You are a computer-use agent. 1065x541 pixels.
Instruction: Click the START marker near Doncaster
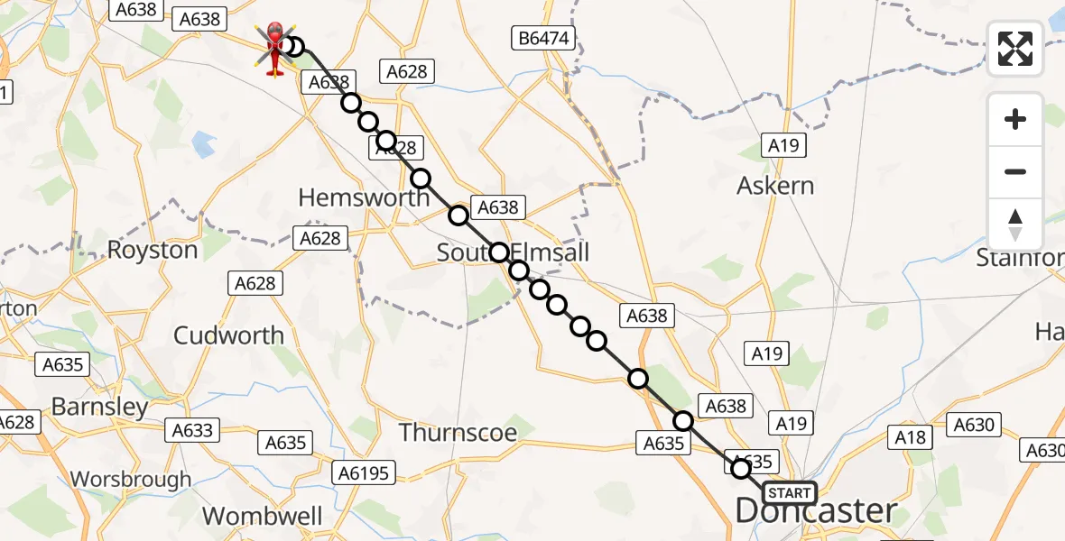point(789,493)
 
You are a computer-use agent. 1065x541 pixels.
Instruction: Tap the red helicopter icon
point(275,47)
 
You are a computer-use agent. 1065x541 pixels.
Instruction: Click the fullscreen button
point(1015,49)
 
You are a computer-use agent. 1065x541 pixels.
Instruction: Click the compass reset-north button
point(1015,225)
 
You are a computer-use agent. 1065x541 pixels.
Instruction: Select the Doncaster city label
point(816,511)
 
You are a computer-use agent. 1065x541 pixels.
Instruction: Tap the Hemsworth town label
point(364,197)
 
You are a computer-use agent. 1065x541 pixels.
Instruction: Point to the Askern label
point(775,186)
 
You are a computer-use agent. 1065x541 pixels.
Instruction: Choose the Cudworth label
point(228,335)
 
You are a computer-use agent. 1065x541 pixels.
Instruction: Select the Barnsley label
point(99,407)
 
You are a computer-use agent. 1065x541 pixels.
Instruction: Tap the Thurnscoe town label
point(458,433)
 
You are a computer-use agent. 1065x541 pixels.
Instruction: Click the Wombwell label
point(263,517)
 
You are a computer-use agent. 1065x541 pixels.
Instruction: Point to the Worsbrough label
point(131,479)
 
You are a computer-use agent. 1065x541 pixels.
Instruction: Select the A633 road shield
point(192,431)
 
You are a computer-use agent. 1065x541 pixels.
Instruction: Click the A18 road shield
point(910,438)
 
